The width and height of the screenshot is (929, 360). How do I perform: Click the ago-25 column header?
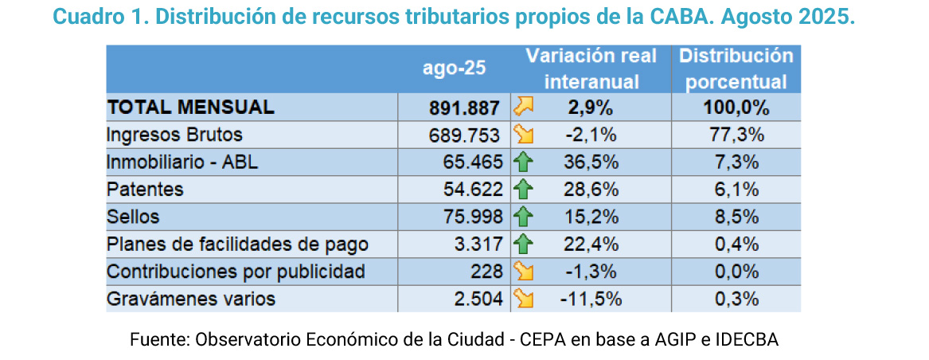tap(453, 68)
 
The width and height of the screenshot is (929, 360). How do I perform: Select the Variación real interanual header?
tap(591, 68)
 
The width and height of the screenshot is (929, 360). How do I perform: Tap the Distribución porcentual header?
tap(736, 68)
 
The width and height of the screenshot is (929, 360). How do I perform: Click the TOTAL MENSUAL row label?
tap(190, 108)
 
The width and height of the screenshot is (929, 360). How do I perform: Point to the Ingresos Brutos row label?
tap(174, 135)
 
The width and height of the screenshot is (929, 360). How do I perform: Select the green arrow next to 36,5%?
tap(523, 162)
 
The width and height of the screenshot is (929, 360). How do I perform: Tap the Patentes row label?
tap(145, 190)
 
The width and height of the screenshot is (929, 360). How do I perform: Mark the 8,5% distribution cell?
tap(736, 217)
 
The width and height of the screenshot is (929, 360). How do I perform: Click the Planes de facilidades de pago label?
tap(237, 245)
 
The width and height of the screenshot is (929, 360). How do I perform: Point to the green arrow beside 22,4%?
tap(523, 245)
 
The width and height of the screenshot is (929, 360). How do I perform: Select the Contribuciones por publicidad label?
tap(236, 272)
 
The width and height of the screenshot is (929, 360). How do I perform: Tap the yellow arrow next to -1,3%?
tap(523, 272)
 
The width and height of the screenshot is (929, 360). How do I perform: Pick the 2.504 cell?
tap(476, 299)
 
